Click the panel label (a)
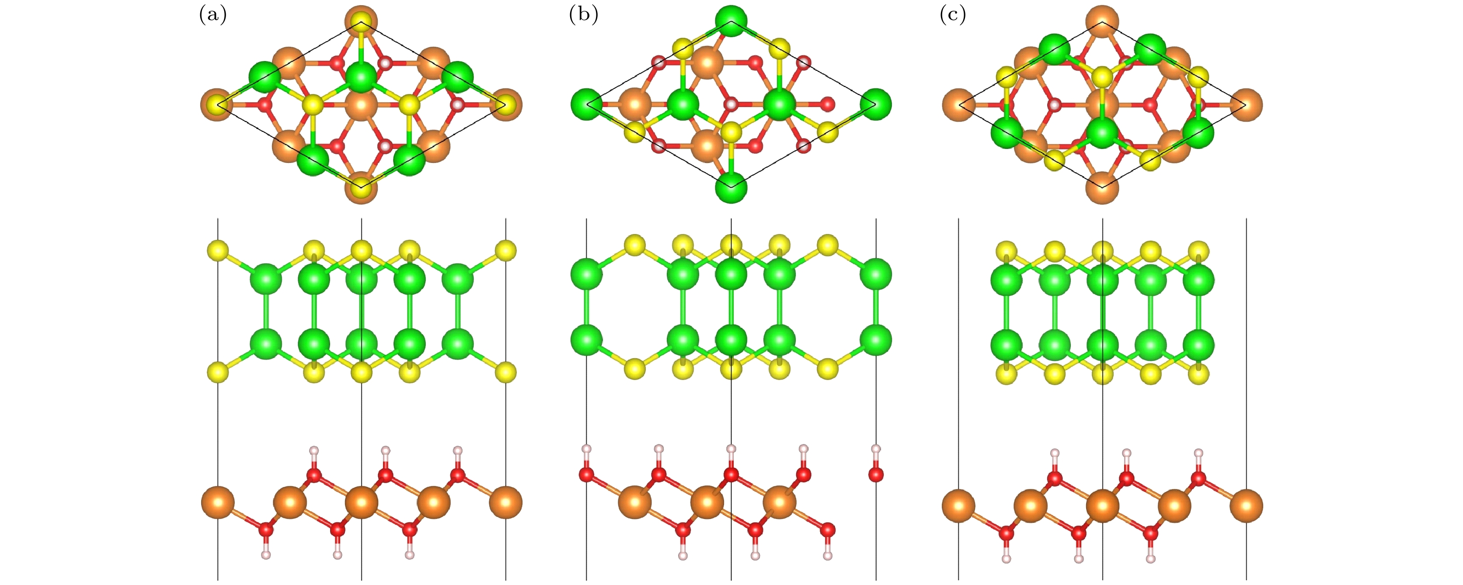pyautogui.click(x=212, y=15)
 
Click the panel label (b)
pyautogui.click(x=583, y=15)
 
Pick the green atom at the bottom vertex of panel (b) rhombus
pyautogui.click(x=731, y=186)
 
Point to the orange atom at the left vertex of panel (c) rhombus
pyautogui.click(x=959, y=105)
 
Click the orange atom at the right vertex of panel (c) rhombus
pyautogui.click(x=1246, y=105)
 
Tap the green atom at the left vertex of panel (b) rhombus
pyautogui.click(x=587, y=104)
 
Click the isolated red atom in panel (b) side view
pyautogui.click(x=876, y=474)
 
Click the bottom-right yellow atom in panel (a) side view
pyautogui.click(x=505, y=373)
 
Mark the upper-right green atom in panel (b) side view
pyautogui.click(x=876, y=275)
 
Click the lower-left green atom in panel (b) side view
pyautogui.click(x=587, y=340)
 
